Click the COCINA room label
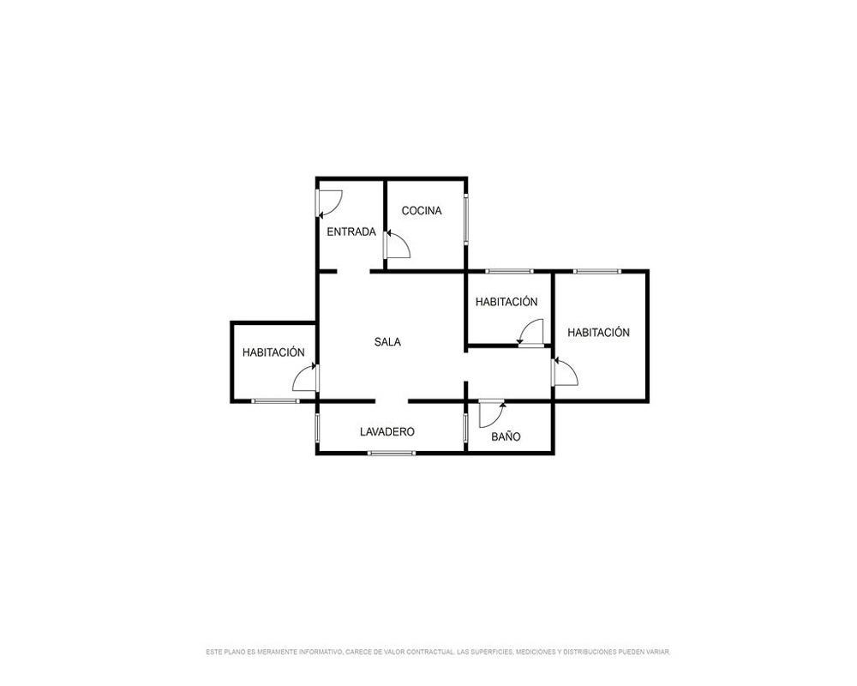[422, 211]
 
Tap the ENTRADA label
[351, 232]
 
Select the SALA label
[387, 342]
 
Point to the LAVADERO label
[387, 431]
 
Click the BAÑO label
[506, 436]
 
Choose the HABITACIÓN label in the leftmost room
[273, 352]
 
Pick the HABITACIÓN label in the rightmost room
[598, 333]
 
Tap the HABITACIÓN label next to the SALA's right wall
[506, 302]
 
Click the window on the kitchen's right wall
[466, 219]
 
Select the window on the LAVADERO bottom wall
[392, 453]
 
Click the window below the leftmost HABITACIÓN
[275, 401]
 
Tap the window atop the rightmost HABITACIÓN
[597, 271]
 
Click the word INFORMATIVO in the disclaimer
[319, 652]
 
